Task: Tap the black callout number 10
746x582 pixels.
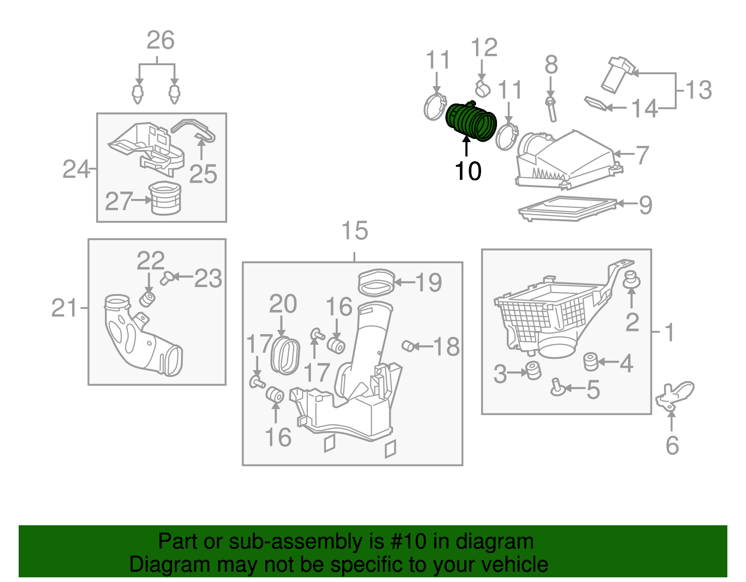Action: pos(468,171)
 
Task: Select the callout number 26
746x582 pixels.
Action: pos(160,41)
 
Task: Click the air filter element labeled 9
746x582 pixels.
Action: pos(566,208)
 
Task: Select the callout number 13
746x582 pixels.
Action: pos(698,90)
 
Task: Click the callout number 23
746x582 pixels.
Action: pos(208,279)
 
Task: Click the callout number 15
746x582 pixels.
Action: pos(354,231)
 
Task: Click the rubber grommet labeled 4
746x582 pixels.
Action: pos(590,362)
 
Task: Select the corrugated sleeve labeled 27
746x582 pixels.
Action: pos(165,199)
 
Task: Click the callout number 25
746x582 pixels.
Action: pos(203,175)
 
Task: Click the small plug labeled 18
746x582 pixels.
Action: pos(408,346)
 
